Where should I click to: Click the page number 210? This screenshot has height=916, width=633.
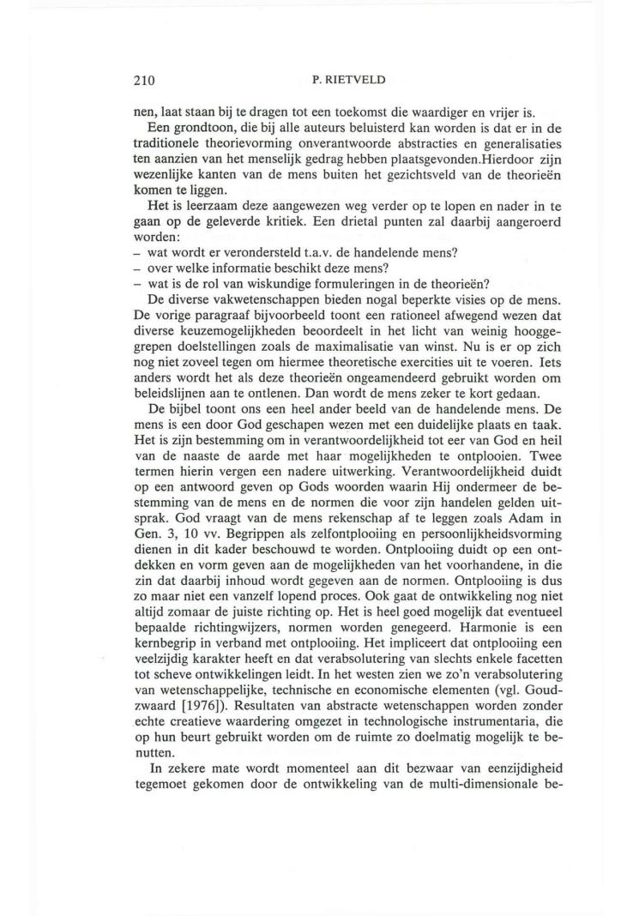coord(144,81)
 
